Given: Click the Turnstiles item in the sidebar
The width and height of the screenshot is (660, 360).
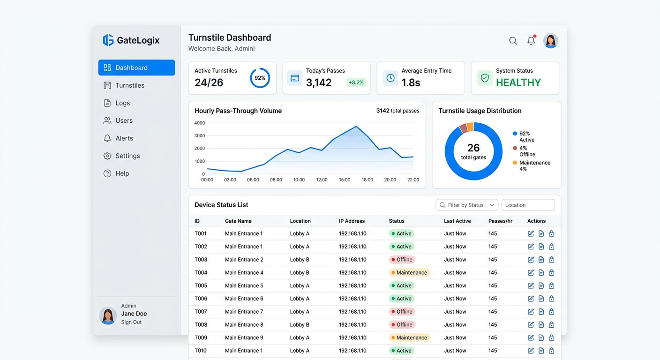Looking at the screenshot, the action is point(124,85).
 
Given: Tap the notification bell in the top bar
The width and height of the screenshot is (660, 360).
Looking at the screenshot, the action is point(531,41).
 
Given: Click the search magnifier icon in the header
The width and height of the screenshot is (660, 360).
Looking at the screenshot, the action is point(513,41).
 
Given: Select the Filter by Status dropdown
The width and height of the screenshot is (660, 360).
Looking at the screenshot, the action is point(467,205).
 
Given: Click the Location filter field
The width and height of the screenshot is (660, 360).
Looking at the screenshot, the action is point(528,205).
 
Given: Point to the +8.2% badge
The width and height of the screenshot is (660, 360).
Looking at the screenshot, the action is point(356,82).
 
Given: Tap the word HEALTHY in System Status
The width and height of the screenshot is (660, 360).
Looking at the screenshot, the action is point(518,83).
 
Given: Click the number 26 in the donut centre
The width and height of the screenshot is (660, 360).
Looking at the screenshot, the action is point(473,148).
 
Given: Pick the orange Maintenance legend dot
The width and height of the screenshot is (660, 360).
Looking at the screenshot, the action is point(515,163).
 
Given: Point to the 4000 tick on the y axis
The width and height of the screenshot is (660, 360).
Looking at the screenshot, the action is point(200,123).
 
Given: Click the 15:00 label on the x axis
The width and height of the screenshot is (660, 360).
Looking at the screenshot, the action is point(345,180).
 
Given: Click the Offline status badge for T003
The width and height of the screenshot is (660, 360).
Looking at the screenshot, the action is point(402,260).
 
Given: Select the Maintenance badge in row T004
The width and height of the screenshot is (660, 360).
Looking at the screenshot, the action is point(409,272).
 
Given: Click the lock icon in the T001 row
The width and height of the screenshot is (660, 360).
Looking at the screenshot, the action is point(551,233).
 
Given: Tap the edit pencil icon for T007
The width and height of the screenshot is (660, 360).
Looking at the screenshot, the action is point(531,312).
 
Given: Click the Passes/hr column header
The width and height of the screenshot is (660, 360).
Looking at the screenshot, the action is point(500,221).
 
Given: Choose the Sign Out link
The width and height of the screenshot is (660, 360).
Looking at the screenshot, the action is point(131,322).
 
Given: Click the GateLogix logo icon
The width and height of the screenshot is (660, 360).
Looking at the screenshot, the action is point(108,40).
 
